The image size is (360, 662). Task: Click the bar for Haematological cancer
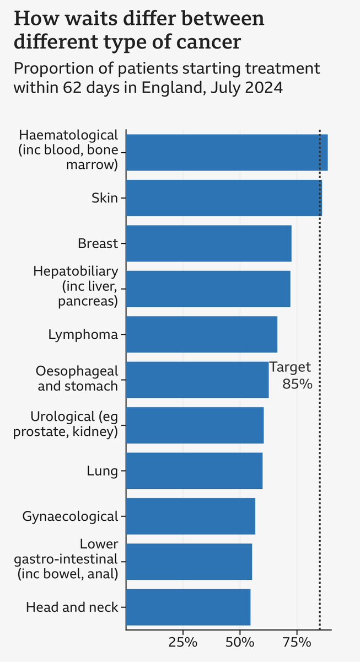tap(226, 152)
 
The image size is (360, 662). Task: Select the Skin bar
tap(224, 198)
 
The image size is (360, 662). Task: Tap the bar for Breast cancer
tap(208, 243)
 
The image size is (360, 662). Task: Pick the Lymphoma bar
tap(201, 334)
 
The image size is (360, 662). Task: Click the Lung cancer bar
tap(194, 471)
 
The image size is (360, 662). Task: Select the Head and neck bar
tap(188, 607)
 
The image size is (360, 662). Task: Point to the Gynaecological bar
tap(190, 516)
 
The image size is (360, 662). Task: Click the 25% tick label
tap(183, 642)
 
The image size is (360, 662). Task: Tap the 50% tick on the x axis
tap(240, 642)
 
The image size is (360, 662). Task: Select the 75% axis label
tap(297, 642)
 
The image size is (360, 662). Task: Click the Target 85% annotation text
tap(291, 376)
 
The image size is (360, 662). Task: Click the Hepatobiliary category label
tap(76, 286)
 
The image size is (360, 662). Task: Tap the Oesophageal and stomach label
tap(77, 378)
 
